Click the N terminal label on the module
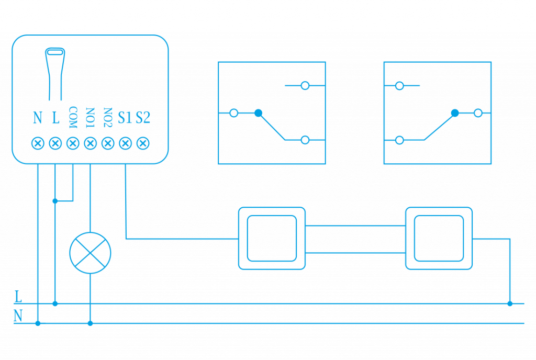38,118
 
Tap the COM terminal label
73,118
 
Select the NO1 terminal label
91,118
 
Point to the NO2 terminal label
108,118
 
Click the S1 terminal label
125,118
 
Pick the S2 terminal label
143,118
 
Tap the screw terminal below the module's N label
38,143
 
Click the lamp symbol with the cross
91,253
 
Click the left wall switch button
272,238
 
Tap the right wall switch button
439,238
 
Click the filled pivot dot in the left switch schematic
258,113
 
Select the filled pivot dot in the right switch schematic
455,113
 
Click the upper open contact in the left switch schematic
305,85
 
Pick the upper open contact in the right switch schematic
399,85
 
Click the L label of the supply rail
18,297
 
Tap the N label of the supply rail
18,316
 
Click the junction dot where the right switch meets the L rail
510,303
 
